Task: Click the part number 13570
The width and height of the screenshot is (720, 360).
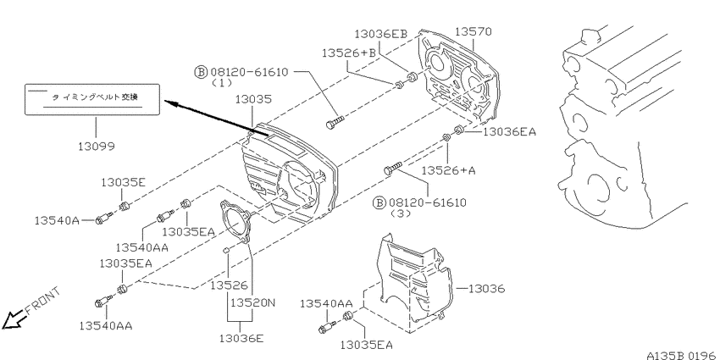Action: [473, 31]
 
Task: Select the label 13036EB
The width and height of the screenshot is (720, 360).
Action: [388, 34]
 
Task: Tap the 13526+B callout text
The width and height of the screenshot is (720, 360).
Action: [348, 53]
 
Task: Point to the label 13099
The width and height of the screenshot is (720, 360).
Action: [96, 147]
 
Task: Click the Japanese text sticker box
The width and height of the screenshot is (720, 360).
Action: [92, 99]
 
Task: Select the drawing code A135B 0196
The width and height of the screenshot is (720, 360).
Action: [683, 356]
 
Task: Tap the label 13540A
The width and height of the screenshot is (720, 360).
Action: [57, 221]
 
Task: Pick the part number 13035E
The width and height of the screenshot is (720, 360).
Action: [123, 183]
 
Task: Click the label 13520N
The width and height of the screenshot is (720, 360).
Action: [252, 303]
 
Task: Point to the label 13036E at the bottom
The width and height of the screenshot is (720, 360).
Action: [241, 339]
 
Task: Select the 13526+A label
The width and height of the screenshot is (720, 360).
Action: [449, 171]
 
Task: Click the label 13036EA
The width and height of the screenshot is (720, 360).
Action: [509, 132]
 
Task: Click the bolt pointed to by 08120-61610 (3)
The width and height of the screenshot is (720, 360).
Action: [392, 168]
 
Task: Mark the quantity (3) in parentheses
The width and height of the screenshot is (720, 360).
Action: [401, 214]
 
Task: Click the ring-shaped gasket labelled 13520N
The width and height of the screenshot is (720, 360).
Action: [235, 224]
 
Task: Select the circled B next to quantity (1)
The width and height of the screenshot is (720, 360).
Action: [201, 72]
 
